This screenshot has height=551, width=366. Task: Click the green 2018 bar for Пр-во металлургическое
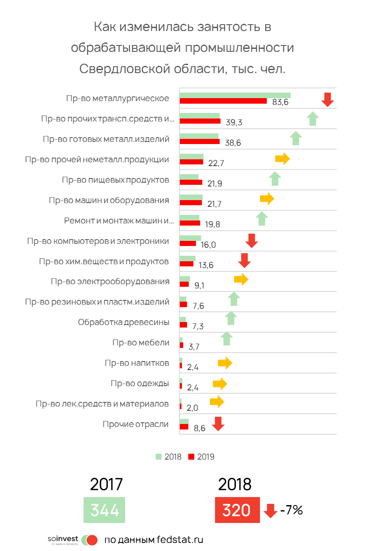(x=235, y=95)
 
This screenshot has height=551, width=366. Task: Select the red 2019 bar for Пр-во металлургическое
(x=223, y=101)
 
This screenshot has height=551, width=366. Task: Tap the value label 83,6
(x=280, y=102)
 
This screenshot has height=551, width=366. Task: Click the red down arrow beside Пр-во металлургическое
(x=327, y=100)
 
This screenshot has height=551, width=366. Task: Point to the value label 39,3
(x=234, y=123)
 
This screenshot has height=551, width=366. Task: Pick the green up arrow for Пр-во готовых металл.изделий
(x=296, y=138)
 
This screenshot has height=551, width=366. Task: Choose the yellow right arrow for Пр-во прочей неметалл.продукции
(x=282, y=159)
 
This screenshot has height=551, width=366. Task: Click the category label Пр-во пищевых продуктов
(x=115, y=180)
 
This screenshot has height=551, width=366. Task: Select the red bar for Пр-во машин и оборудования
(x=190, y=203)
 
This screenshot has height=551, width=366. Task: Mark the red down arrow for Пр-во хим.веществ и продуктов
(x=244, y=260)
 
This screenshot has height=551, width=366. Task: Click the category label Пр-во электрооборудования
(x=110, y=281)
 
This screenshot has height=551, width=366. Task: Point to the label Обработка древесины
(x=123, y=322)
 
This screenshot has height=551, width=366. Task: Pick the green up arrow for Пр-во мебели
(x=227, y=338)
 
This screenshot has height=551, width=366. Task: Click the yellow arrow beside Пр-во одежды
(x=220, y=384)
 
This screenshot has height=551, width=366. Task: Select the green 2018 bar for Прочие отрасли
(x=184, y=421)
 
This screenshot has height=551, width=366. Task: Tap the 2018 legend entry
(x=169, y=457)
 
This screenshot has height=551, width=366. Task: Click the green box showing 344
(x=104, y=510)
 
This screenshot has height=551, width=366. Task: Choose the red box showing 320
(x=237, y=510)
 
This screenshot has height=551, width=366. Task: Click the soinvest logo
(x=72, y=540)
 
